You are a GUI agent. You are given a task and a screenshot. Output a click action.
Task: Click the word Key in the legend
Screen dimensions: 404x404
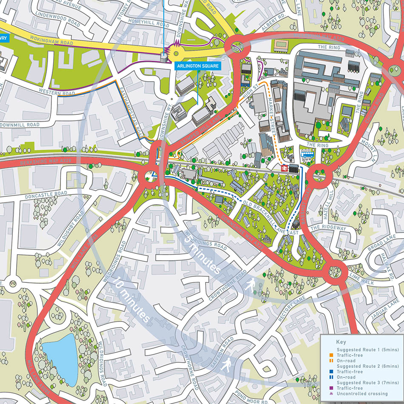[x=341, y=341]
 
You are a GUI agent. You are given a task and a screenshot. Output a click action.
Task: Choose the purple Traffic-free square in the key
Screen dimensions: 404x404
[x=331, y=388]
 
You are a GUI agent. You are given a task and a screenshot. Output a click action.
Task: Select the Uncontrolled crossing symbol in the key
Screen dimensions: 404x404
[x=331, y=394]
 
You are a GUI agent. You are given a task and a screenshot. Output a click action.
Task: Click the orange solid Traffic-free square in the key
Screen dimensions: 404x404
[x=331, y=355]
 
